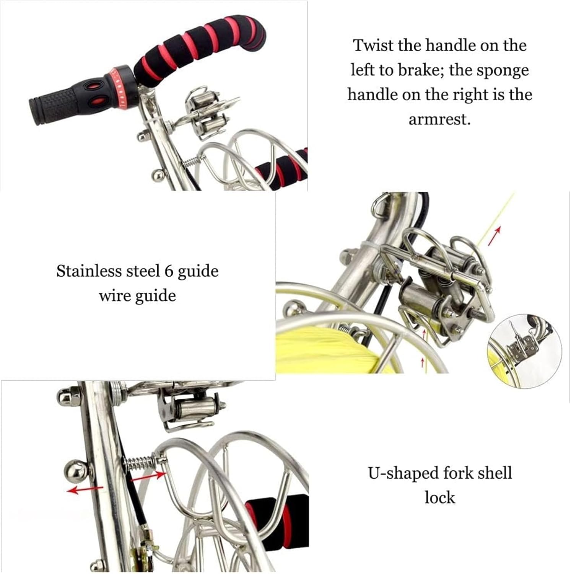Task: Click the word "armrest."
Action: tap(439, 120)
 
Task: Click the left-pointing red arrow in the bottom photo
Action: tap(85, 489)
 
